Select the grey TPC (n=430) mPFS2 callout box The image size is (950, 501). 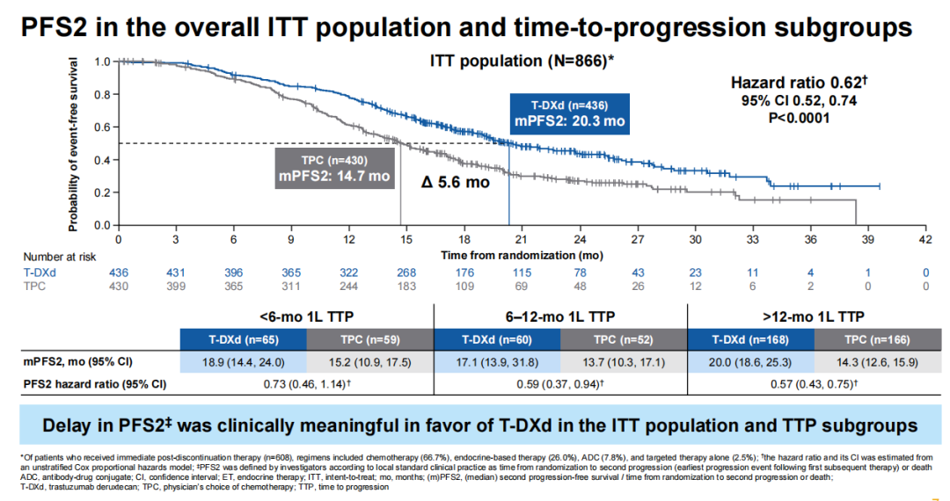[x=333, y=167]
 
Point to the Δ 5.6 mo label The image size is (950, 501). [x=455, y=184]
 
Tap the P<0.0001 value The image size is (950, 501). [x=799, y=117]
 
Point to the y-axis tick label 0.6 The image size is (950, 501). [x=103, y=127]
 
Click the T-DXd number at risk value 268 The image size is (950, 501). [x=406, y=273]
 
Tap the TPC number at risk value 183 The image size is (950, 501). [x=406, y=287]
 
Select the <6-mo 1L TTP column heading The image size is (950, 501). [x=306, y=316]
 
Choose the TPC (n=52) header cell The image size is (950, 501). [x=624, y=339]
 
